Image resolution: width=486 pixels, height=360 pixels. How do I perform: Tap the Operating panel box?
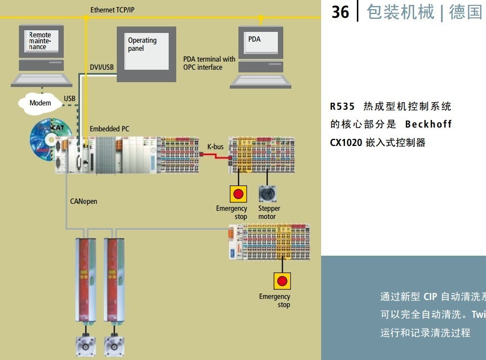[146, 54]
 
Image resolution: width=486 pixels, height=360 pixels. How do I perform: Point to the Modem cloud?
[40, 103]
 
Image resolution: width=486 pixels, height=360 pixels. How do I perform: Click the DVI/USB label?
[102, 67]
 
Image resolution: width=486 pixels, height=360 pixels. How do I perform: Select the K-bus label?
[215, 146]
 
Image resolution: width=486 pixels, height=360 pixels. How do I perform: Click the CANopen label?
[84, 201]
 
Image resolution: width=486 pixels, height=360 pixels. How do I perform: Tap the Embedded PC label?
[109, 129]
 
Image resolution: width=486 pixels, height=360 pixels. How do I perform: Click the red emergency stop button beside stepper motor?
[238, 194]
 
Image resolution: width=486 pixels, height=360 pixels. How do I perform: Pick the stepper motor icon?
[267, 194]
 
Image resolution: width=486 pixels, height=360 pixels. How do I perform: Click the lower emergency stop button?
[282, 281]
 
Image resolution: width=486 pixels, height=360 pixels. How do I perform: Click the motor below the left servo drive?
[85, 344]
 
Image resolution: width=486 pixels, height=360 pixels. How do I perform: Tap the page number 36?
[341, 12]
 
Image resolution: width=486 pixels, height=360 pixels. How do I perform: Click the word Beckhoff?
[428, 124]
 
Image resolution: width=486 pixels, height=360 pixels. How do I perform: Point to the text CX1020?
[345, 143]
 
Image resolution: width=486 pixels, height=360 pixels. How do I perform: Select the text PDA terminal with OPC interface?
[209, 63]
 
